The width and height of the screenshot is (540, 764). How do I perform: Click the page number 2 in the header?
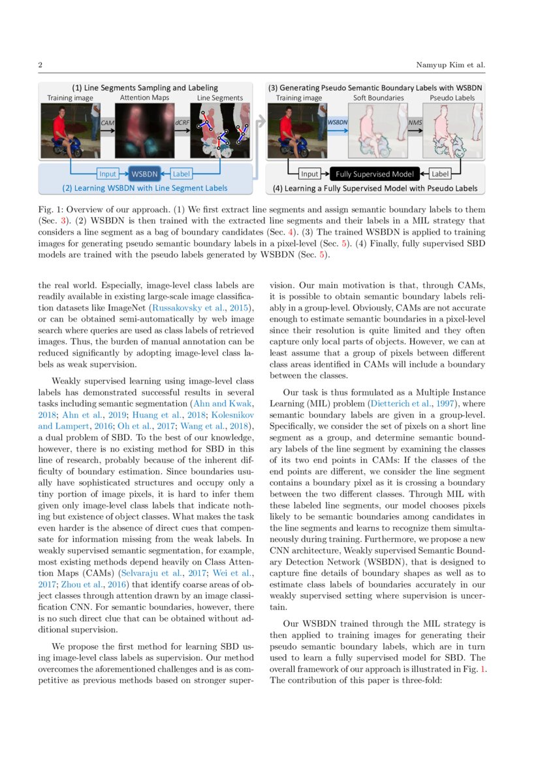(x=40, y=65)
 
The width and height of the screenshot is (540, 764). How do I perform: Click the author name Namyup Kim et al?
(x=450, y=65)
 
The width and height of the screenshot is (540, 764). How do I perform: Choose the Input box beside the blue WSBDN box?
(x=108, y=174)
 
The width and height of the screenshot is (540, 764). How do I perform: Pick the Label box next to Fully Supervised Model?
(x=440, y=174)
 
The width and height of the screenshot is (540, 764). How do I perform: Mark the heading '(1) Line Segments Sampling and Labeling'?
(x=145, y=88)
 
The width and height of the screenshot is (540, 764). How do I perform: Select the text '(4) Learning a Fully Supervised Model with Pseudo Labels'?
(x=374, y=188)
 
